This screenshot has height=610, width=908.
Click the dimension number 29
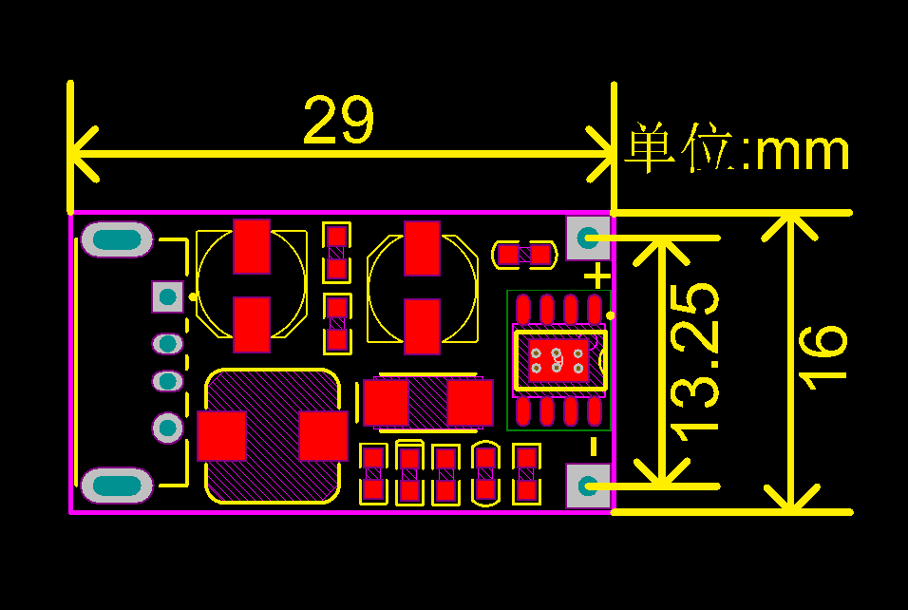click(339, 121)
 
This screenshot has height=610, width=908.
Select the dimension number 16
click(823, 354)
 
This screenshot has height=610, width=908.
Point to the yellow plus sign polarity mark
click(596, 276)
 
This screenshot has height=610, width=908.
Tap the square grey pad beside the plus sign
click(588, 238)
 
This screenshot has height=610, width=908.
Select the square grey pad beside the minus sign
click(588, 486)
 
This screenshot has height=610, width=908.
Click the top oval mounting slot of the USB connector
click(117, 239)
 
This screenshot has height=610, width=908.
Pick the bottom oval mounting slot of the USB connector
click(117, 486)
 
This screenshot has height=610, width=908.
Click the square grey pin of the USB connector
click(168, 296)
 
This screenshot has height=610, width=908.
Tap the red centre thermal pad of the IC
click(558, 360)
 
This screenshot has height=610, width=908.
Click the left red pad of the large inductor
click(221, 436)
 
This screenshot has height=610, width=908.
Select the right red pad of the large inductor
click(324, 435)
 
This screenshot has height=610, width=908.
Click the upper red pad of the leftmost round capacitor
click(252, 246)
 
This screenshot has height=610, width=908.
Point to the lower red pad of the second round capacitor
click(422, 327)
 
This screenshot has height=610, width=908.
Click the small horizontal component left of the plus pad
click(523, 255)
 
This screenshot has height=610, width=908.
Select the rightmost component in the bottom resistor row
click(526, 475)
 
